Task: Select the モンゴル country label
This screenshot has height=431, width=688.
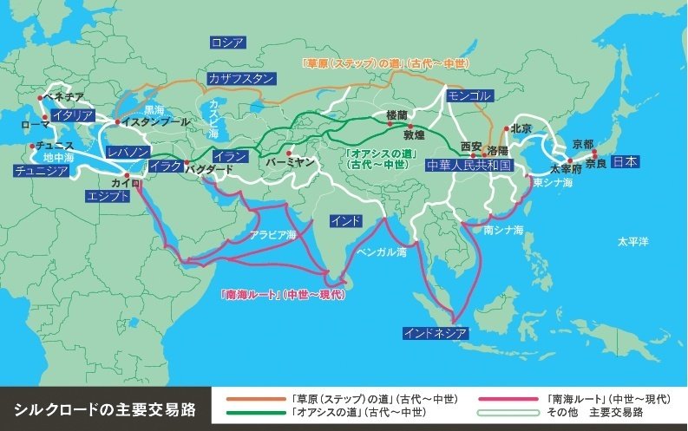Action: point(470,96)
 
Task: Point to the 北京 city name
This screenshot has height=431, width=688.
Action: point(520,128)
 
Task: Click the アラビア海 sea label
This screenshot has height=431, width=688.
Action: point(273,234)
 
